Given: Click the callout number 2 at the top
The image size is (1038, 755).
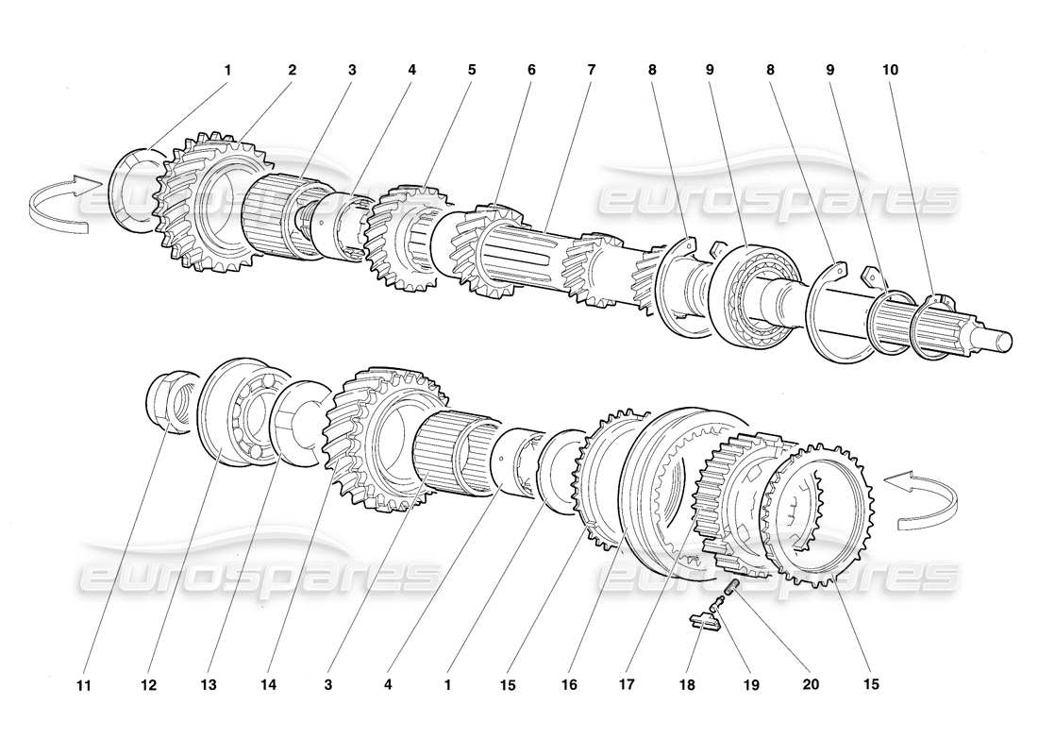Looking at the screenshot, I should tap(292, 70).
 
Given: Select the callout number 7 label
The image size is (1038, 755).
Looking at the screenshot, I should tap(591, 70).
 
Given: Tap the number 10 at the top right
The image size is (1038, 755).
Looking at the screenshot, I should tap(890, 70).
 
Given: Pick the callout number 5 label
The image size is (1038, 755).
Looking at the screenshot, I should tap(471, 70).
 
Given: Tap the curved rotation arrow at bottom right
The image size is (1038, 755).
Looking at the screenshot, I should tap(919, 499).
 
